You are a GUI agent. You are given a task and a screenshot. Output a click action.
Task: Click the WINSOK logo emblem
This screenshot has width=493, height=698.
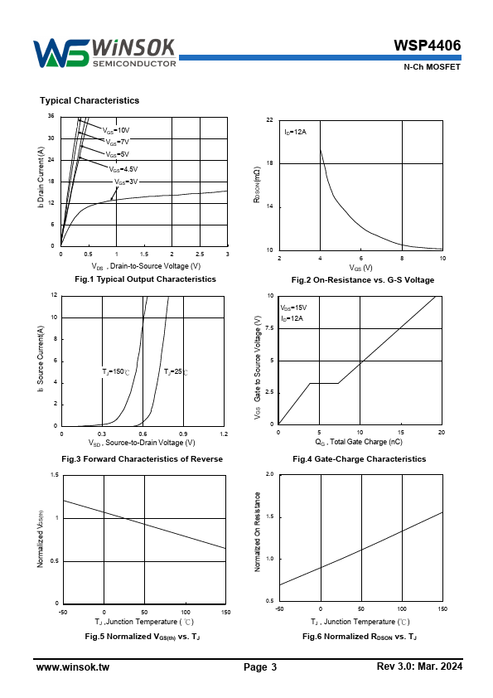click(62, 53)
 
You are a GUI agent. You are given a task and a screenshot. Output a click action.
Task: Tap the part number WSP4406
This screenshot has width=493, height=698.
click(428, 46)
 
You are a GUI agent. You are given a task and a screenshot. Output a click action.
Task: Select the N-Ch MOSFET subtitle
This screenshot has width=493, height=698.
click(432, 67)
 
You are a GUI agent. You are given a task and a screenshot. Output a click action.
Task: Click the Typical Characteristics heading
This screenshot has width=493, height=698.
click(89, 100)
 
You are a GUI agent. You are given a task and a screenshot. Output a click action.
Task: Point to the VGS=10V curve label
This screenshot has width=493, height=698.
click(116, 130)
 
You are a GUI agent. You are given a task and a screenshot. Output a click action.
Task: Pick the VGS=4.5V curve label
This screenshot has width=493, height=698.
click(123, 169)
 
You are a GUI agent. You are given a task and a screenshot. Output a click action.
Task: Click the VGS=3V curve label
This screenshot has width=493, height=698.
click(126, 182)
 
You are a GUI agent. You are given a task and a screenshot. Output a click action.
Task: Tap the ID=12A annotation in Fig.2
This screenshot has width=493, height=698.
click(296, 132)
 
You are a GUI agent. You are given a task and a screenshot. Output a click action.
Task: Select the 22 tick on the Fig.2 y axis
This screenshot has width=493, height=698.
click(269, 119)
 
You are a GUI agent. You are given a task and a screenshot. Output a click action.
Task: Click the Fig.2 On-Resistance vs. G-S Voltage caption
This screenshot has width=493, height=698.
click(363, 280)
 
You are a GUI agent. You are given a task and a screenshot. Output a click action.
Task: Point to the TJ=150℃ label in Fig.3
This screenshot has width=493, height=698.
click(116, 371)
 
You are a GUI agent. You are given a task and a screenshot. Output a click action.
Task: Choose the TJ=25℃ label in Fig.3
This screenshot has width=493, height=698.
click(176, 371)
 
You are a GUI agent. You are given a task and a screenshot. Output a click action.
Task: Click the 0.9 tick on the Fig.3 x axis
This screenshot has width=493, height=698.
click(183, 434)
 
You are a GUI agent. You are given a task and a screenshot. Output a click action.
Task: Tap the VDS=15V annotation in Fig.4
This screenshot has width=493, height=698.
click(293, 308)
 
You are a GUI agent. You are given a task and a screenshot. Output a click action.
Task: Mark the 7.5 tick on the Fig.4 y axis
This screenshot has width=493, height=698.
click(269, 328)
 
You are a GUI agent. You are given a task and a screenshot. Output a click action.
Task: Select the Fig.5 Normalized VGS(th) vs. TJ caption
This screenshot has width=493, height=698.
click(143, 637)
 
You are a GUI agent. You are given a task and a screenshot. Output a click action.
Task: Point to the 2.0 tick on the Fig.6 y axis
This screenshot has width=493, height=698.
click(269, 474)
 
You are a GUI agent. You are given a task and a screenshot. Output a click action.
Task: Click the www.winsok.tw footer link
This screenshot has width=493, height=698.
click(73, 666)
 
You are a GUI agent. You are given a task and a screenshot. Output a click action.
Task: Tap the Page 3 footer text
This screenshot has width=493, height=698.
click(260, 666)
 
